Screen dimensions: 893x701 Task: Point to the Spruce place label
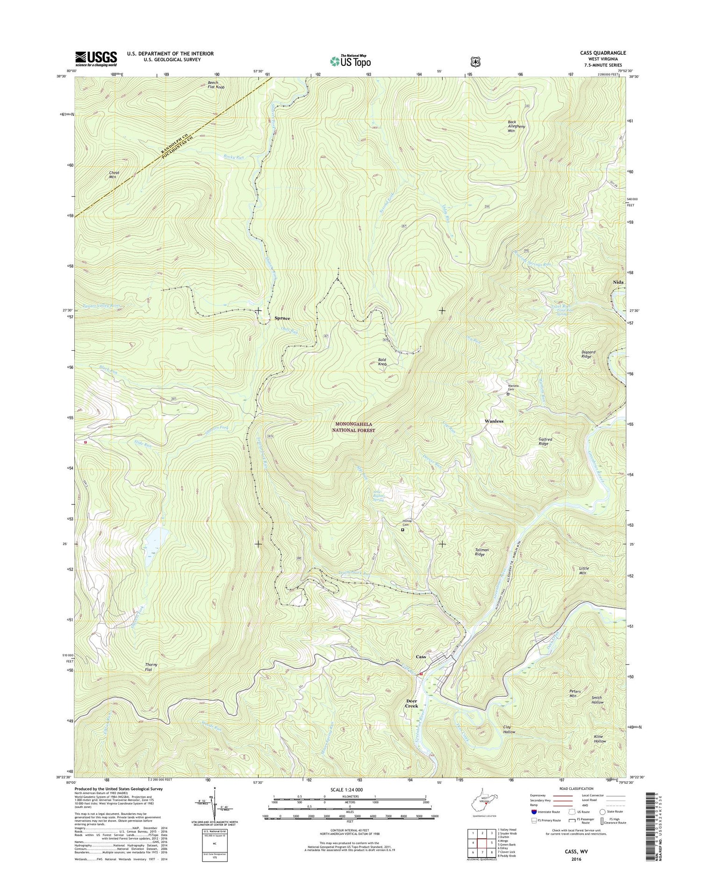282,318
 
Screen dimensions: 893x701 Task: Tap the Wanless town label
494,421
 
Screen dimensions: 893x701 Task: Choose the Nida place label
618,283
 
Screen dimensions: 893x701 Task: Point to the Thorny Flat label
151,667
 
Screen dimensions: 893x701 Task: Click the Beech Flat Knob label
216,85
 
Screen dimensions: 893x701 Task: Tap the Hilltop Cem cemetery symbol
403,530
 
